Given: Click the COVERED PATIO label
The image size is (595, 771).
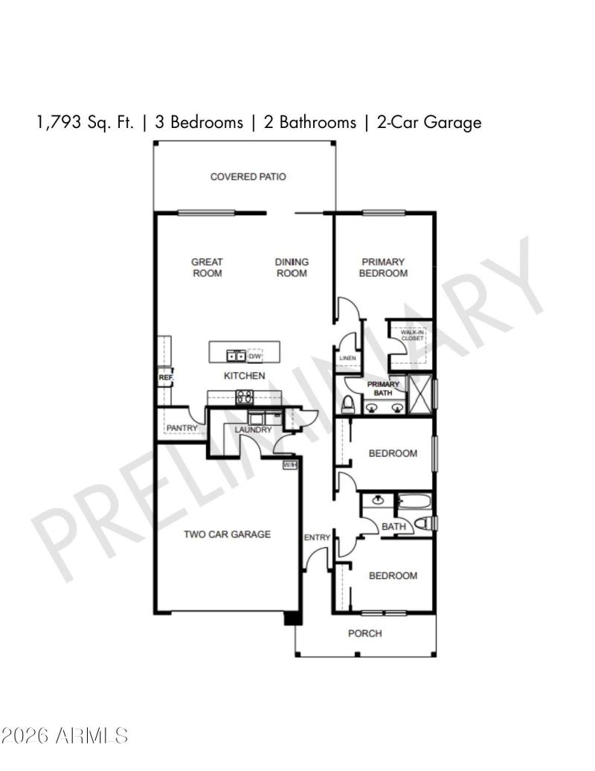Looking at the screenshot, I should click(x=248, y=177).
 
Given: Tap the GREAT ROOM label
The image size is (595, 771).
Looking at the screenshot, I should click(x=207, y=267).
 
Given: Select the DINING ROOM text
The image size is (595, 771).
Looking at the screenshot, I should click(x=292, y=267).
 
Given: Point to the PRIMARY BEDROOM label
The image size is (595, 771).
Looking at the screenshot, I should click(x=383, y=267).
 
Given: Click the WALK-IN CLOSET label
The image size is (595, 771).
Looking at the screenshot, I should click(x=412, y=336).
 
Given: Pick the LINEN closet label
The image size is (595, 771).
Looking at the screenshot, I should click(x=347, y=359).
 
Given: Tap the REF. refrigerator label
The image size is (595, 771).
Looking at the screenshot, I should click(x=165, y=378).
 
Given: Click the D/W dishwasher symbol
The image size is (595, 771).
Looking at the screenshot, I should click(x=255, y=355).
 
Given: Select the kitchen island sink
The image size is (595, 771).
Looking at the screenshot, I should click(x=237, y=355).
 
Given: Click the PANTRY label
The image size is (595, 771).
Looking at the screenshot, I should click(x=182, y=428).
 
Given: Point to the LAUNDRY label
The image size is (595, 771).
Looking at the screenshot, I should click(x=254, y=430).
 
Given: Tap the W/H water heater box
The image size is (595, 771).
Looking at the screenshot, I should click(x=290, y=465).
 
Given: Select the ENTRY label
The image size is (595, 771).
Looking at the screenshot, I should click(x=317, y=537).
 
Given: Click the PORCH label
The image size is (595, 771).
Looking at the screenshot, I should click(x=365, y=633).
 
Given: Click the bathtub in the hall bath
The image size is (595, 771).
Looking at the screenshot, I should click(x=414, y=501).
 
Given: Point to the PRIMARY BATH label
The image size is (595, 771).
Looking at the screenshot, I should click(x=383, y=388).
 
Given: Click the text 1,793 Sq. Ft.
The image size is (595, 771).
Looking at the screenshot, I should click(x=86, y=122).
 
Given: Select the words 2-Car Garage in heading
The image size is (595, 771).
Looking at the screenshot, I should click(x=429, y=122).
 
